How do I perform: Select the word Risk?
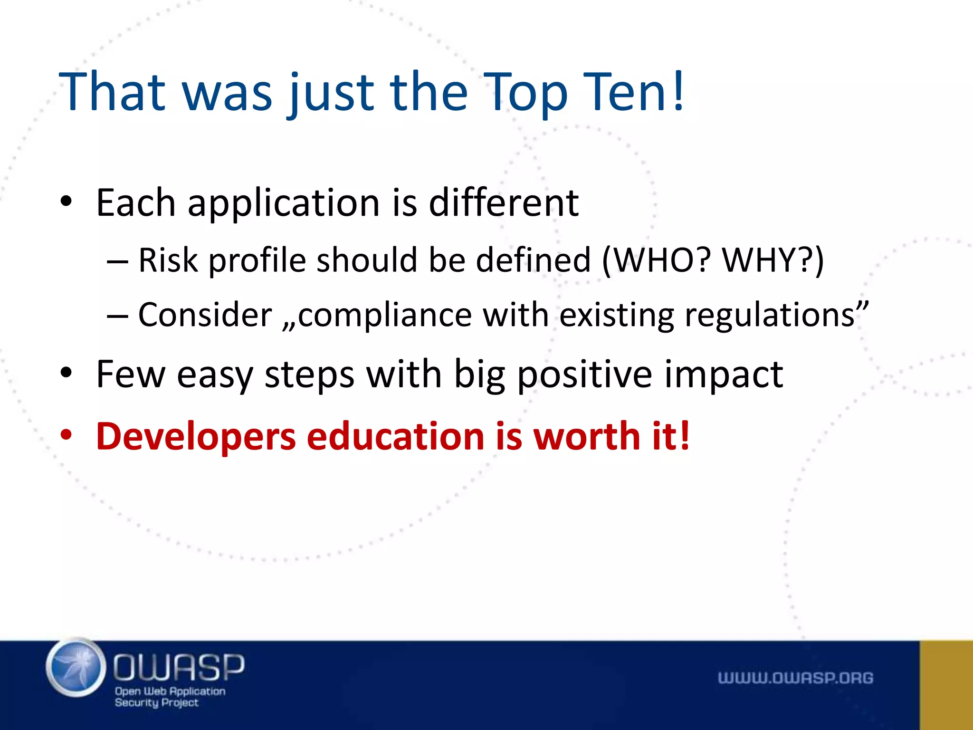click(168, 260)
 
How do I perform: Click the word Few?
click(131, 375)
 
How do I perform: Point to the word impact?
click(723, 375)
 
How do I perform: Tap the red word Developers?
click(196, 436)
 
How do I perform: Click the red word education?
click(395, 436)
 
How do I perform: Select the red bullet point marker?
click(66, 435)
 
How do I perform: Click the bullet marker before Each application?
click(66, 202)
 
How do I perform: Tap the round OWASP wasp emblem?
click(76, 668)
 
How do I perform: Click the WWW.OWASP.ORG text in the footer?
click(795, 678)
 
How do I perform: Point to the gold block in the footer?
click(946, 685)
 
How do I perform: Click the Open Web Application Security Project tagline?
click(170, 697)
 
